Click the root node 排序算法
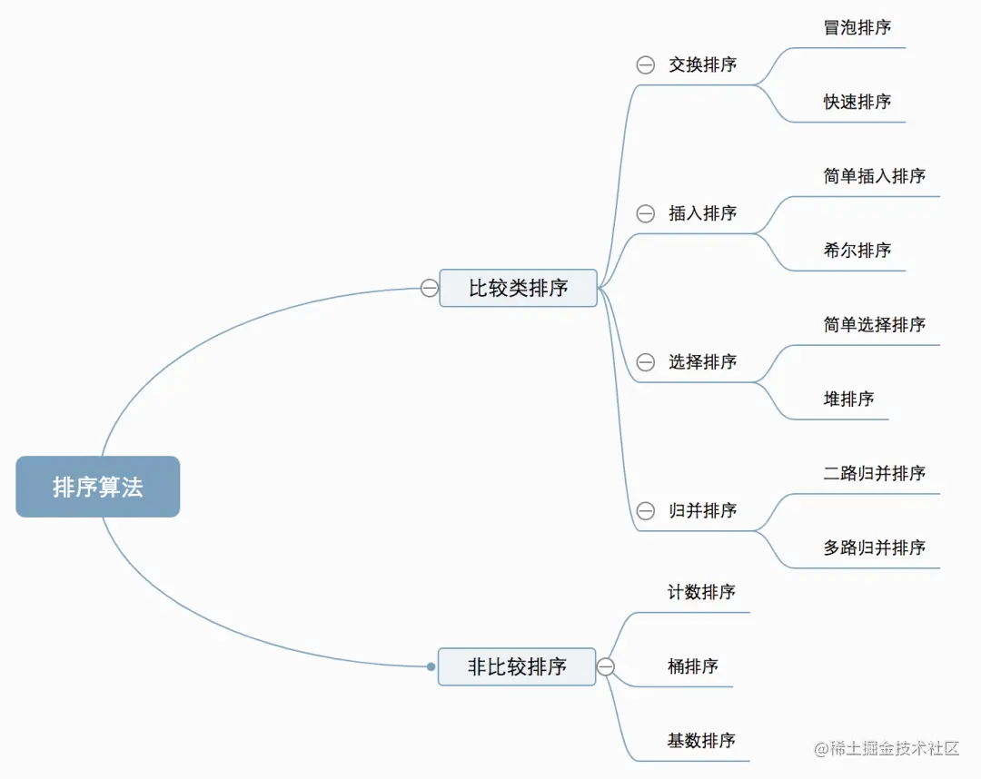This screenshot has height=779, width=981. (98, 487)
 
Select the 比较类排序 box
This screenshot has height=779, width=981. (518, 288)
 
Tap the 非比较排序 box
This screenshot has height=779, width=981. (517, 666)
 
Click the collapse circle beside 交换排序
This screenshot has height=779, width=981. (645, 64)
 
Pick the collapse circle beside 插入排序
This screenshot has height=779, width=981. (645, 213)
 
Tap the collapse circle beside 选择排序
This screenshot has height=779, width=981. (645, 362)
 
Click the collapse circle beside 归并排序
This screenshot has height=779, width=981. (645, 511)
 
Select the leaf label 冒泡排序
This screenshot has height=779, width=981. (857, 27)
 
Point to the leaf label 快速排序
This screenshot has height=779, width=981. (857, 102)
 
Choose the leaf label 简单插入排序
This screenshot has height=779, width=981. (874, 176)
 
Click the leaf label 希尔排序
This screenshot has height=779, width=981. (857, 250)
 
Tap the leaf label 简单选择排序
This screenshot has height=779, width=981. (874, 324)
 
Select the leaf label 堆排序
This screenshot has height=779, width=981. (848, 399)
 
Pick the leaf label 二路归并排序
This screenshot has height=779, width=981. (874, 473)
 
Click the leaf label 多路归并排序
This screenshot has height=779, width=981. (874, 547)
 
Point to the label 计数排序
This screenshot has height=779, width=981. (701, 592)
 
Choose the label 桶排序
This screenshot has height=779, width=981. (692, 666)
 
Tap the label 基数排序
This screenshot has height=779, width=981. (701, 741)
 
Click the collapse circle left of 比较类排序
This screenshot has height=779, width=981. (430, 288)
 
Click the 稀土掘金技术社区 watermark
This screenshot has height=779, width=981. (887, 748)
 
